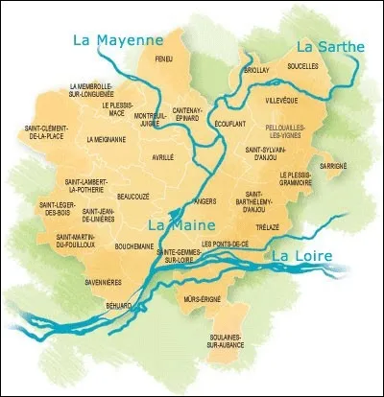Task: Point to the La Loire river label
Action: coord(301,257)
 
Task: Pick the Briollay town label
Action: coord(257,70)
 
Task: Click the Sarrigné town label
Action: coord(333,165)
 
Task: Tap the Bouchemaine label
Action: coord(134,245)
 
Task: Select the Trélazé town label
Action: coord(268,226)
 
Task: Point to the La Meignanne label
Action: coord(106,139)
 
